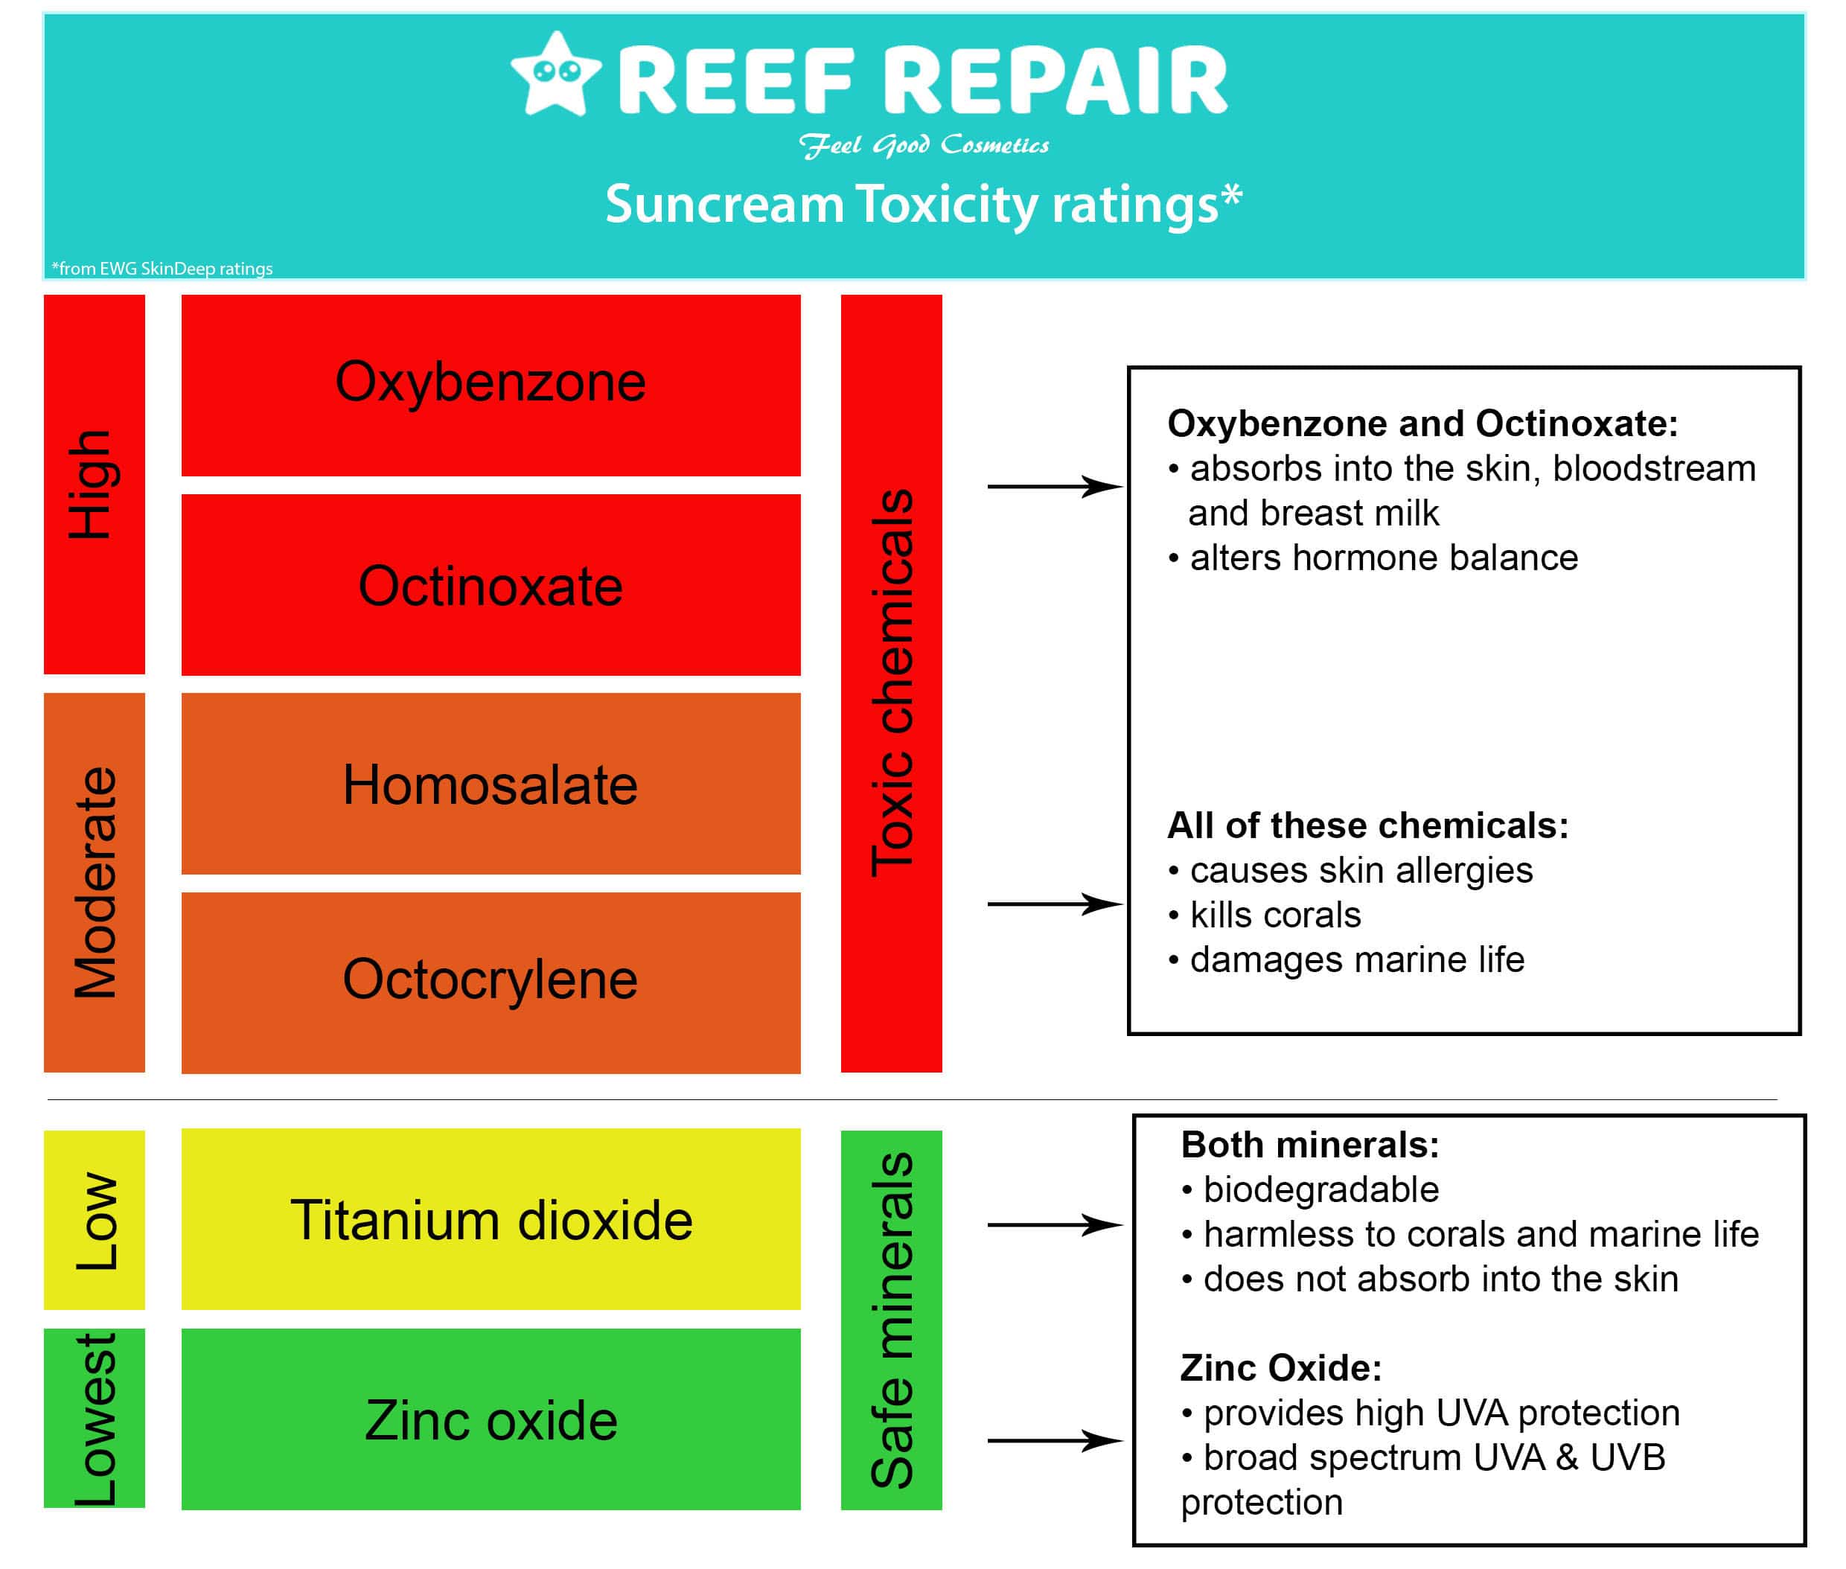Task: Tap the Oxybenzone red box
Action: pyautogui.click(x=491, y=384)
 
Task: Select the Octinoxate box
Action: pyautogui.click(x=491, y=584)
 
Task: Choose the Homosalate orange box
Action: pyautogui.click(x=491, y=784)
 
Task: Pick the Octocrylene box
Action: pyautogui.click(x=491, y=981)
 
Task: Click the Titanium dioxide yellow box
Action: pyautogui.click(x=491, y=1218)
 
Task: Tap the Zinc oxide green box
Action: pyautogui.click(x=491, y=1419)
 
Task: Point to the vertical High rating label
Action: pyautogui.click(x=93, y=484)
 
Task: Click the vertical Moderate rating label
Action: pyautogui.click(x=93, y=881)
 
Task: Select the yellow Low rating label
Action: pyautogui.click(x=93, y=1219)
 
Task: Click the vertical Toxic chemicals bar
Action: pyautogui.click(x=890, y=683)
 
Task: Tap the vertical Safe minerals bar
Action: pyautogui.click(x=890, y=1319)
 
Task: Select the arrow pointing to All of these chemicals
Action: pyautogui.click(x=1053, y=904)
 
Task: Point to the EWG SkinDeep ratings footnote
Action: pyautogui.click(x=162, y=268)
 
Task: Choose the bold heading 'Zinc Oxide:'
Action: pyautogui.click(x=1280, y=1367)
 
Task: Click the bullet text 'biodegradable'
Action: pyautogui.click(x=1320, y=1189)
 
